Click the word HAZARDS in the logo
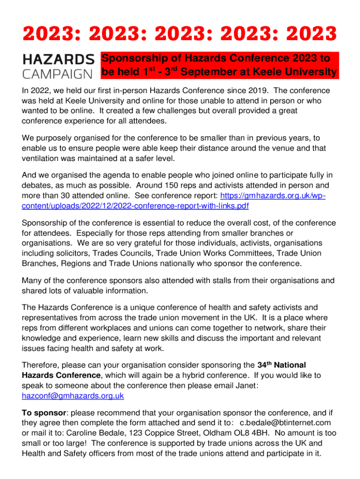[x=58, y=59]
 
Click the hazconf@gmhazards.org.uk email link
[x=73, y=396]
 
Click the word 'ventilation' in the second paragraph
[x=43, y=159]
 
